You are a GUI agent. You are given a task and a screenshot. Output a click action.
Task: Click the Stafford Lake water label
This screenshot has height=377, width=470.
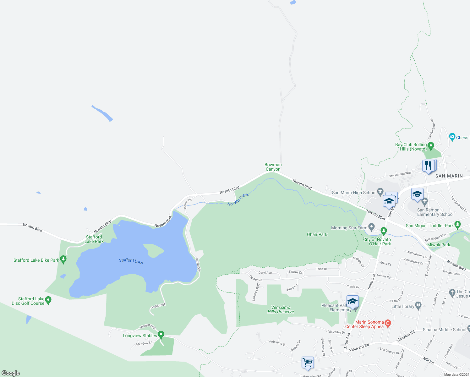point(131,261)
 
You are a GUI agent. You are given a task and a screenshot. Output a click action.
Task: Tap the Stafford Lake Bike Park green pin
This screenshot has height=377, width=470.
point(63,260)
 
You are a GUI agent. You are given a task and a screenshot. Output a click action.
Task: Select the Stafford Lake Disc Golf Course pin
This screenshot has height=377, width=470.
point(48,300)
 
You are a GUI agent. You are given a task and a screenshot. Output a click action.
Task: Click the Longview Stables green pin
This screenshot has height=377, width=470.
point(161,335)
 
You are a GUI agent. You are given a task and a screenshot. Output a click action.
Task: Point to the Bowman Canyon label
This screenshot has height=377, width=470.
point(273,167)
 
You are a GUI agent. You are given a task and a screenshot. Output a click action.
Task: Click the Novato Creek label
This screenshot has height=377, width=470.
point(238,199)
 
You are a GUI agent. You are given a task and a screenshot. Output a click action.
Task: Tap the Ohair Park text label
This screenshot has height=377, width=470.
point(317,234)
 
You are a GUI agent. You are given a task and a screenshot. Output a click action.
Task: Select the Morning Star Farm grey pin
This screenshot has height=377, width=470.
point(372,227)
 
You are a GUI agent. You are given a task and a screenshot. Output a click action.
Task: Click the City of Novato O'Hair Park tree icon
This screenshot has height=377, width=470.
point(384,231)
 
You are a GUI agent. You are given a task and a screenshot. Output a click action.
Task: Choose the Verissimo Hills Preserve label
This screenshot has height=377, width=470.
point(281,309)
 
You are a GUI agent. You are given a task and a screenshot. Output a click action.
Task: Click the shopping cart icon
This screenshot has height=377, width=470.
point(308,362)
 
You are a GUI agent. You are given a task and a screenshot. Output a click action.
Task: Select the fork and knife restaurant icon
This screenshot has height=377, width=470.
point(429,165)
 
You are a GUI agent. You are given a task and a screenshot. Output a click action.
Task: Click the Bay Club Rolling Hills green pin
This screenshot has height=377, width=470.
point(431,146)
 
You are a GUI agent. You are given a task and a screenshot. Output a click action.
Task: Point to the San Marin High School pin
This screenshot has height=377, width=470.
point(380,192)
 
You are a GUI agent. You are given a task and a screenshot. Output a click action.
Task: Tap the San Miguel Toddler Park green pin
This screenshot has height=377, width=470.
point(457,225)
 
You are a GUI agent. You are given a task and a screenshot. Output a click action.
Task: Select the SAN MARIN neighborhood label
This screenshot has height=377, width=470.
point(449,176)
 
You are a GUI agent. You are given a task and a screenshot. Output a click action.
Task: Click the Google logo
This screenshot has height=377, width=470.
point(11,373)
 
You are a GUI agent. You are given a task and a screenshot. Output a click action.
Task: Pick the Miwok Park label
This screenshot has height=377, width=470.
point(439,245)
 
